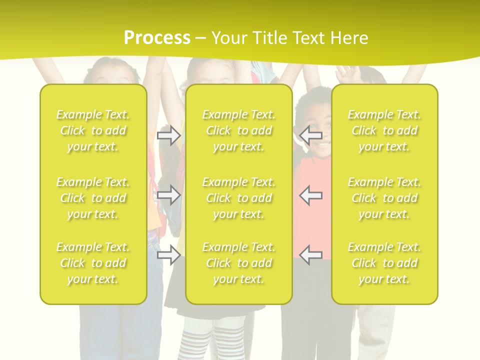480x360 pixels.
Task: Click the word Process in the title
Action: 157,37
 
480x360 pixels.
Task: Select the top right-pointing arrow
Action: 168,135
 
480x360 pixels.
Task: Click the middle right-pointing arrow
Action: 168,195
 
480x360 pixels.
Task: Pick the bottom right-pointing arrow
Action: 168,255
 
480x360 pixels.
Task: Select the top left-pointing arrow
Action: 310,134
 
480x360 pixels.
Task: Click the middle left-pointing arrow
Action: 310,195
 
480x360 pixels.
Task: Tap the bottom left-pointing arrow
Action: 310,255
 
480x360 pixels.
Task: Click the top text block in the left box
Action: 93,130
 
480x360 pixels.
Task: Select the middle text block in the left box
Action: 93,198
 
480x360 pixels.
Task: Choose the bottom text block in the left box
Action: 93,263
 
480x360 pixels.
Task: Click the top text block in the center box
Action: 239,130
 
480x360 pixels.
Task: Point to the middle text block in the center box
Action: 239,198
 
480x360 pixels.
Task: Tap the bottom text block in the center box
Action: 239,263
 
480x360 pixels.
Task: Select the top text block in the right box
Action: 384,130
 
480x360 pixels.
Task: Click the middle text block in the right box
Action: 384,198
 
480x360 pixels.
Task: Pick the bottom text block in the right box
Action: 384,263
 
